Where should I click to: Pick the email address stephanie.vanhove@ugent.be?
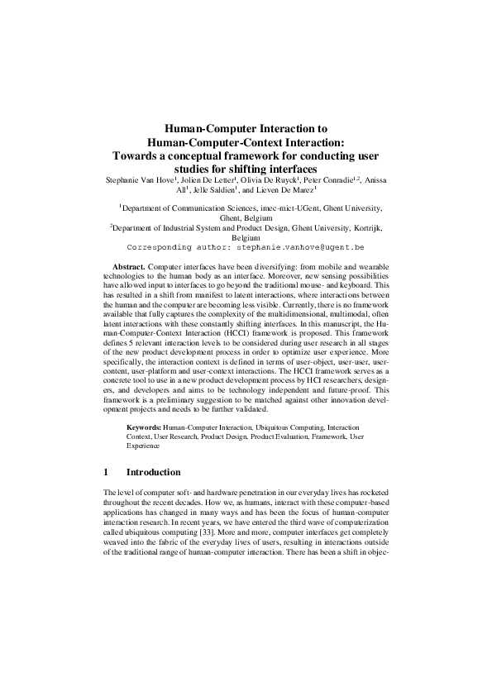(x=300, y=246)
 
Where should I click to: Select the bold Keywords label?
(x=144, y=427)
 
